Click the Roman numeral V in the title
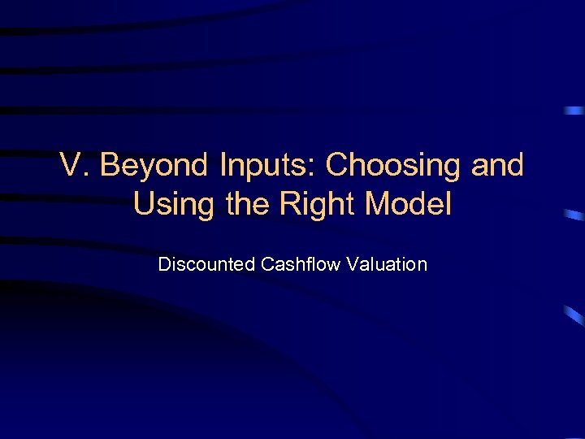71,166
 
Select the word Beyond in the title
150,166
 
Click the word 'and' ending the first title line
497,166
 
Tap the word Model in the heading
408,204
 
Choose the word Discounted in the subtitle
206,264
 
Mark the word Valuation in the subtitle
388,264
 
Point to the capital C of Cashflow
266,264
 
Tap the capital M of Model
379,204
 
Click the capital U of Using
145,204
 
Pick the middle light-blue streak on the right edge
574,215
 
